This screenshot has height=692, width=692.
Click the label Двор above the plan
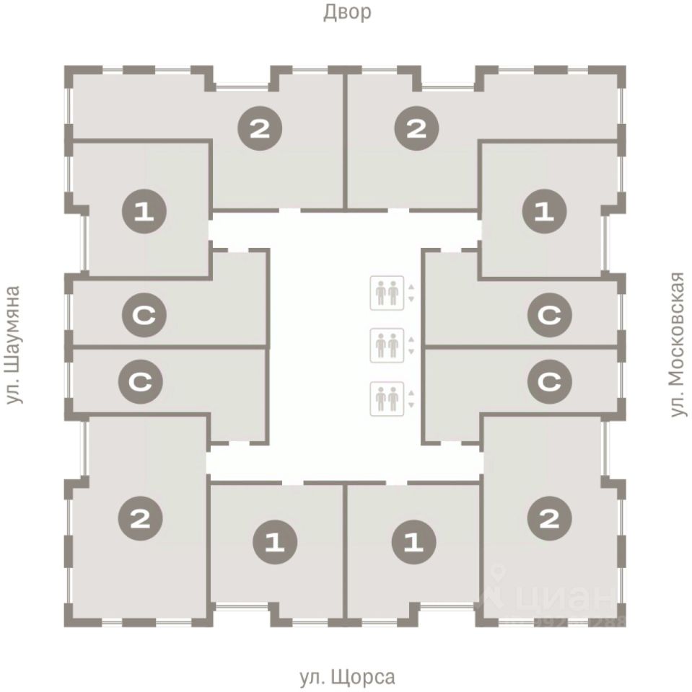pyautogui.click(x=346, y=12)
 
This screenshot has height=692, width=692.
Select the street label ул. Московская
pyautogui.click(x=677, y=344)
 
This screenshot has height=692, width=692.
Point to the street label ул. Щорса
pyautogui.click(x=346, y=678)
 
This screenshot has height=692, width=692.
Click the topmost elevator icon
pyautogui.click(x=385, y=293)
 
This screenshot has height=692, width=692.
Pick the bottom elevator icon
pyautogui.click(x=385, y=398)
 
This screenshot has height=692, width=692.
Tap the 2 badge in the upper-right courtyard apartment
pyautogui.click(x=416, y=129)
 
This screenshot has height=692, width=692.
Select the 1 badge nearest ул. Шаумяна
pyautogui.click(x=144, y=212)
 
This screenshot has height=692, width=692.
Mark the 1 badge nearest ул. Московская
pyautogui.click(x=543, y=212)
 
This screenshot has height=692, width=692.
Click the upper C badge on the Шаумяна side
pyautogui.click(x=144, y=315)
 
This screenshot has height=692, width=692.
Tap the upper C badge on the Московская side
pyautogui.click(x=550, y=315)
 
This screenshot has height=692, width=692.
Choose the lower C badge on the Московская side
pyautogui.click(x=550, y=381)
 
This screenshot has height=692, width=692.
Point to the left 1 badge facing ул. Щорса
pyautogui.click(x=275, y=541)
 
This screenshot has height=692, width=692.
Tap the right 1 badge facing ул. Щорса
pyautogui.click(x=414, y=541)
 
